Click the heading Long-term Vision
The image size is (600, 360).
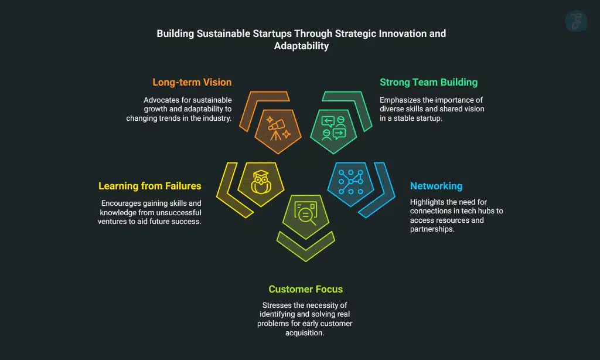click(192, 83)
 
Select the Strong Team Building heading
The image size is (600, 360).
click(428, 83)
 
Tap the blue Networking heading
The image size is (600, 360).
click(436, 186)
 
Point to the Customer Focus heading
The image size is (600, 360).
click(305, 289)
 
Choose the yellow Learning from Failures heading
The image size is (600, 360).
click(149, 186)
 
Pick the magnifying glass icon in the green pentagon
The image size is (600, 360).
click(305, 213)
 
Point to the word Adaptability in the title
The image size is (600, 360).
click(301, 46)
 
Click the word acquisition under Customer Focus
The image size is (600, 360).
click(305, 332)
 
